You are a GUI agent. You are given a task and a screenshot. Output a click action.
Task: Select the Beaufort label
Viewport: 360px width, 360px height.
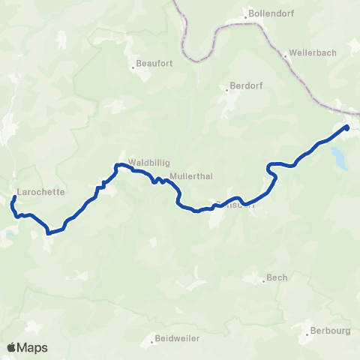coord(154,64)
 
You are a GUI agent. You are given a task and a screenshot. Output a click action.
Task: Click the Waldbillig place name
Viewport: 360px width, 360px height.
coord(146,160)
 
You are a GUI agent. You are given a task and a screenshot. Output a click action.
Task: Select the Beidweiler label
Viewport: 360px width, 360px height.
coord(177,338)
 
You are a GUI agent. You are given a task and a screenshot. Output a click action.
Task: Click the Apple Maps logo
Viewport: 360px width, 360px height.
coord(27,347)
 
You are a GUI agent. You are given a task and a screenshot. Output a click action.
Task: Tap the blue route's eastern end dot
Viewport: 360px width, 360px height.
coord(346,127)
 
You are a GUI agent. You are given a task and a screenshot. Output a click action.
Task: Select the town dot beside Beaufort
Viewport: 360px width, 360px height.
coord(133,64)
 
